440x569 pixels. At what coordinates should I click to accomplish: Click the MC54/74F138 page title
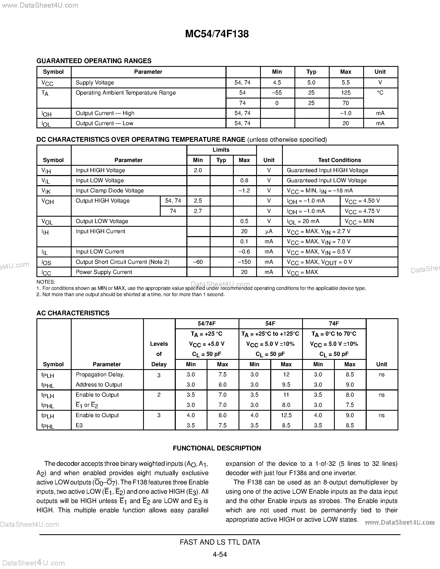(x=217, y=34)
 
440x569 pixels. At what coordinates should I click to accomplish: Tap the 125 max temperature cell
(x=346, y=93)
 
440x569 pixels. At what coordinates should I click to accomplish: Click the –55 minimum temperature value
(x=277, y=93)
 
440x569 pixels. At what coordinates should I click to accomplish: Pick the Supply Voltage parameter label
(x=95, y=83)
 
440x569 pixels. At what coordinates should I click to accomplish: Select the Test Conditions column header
(x=339, y=160)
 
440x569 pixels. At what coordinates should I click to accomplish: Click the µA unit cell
(x=269, y=231)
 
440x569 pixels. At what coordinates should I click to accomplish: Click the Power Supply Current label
(x=104, y=272)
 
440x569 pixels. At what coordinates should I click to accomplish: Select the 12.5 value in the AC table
(x=286, y=415)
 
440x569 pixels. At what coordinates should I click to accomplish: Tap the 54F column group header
(x=270, y=324)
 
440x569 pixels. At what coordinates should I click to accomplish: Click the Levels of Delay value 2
(x=159, y=395)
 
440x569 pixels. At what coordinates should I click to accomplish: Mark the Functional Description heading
(x=217, y=448)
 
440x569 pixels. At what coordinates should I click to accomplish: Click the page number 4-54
(x=220, y=554)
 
